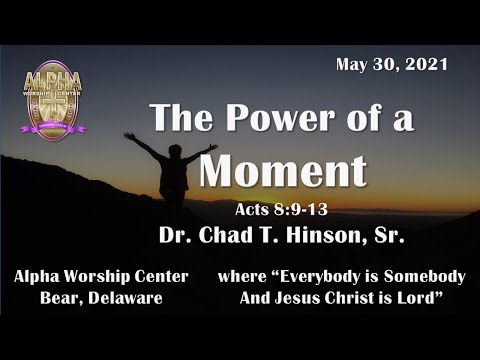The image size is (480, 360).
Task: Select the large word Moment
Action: [283, 169]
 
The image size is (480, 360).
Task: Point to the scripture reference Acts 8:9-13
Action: [283, 211]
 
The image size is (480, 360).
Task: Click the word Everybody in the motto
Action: [310, 276]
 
